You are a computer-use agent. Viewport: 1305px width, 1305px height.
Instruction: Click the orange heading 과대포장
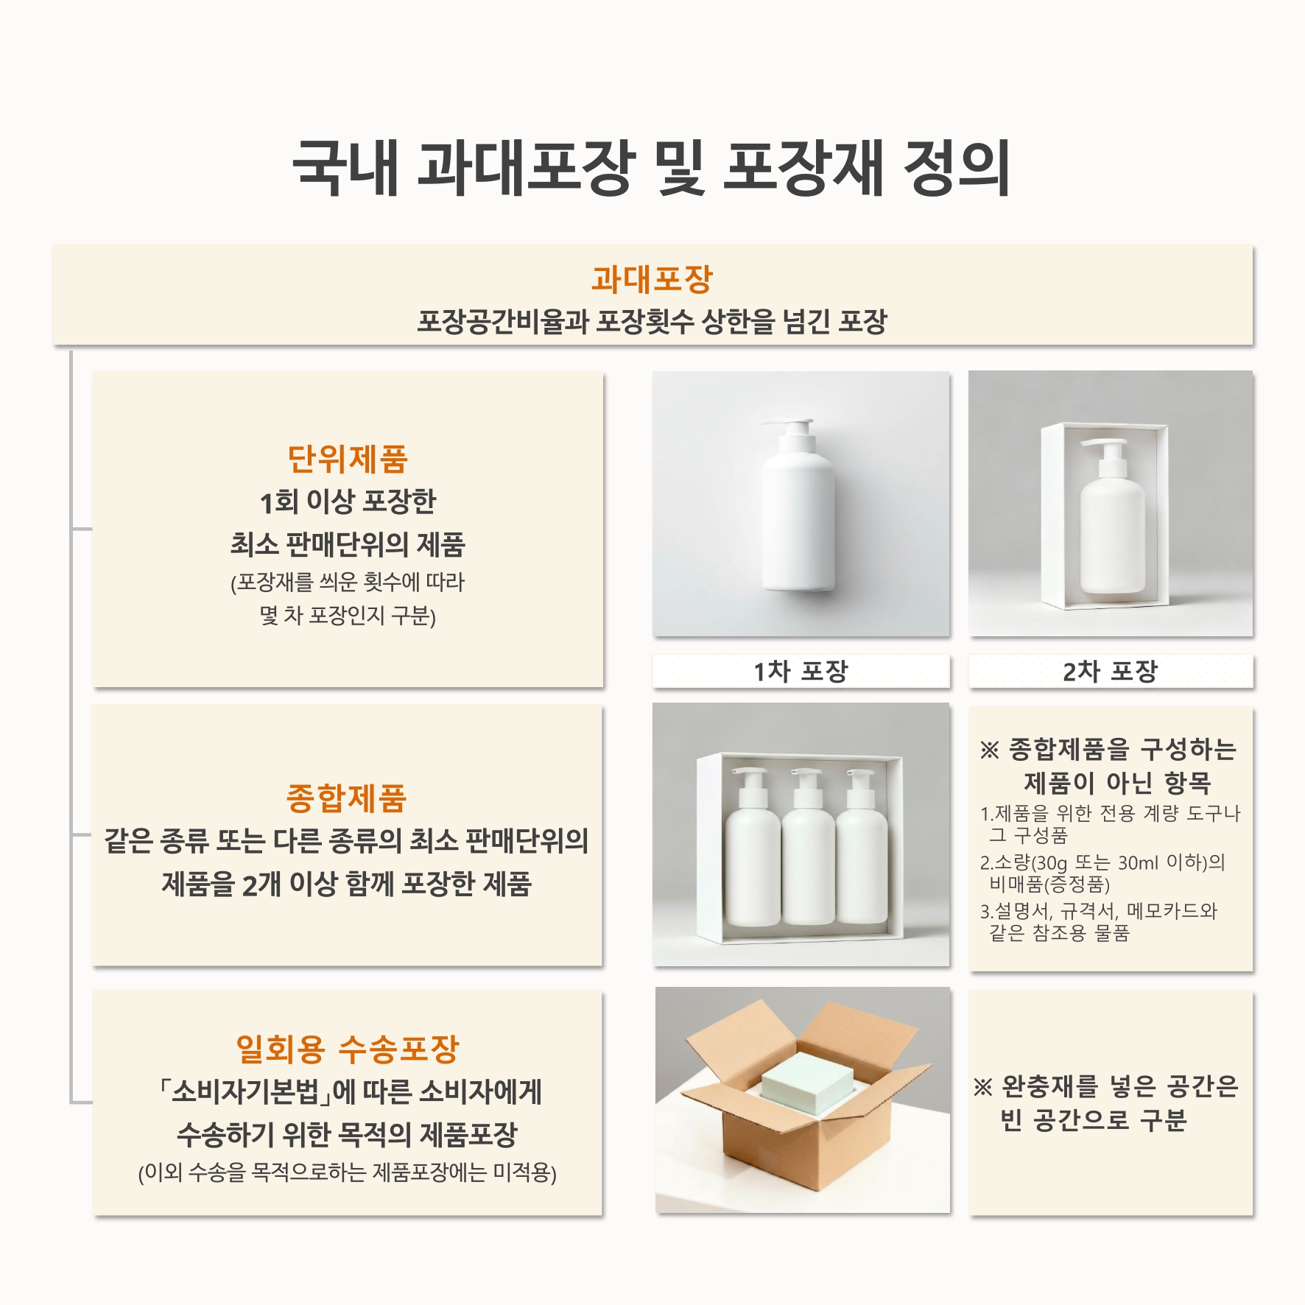(x=652, y=278)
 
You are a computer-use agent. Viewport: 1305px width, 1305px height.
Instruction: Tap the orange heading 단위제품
(x=348, y=459)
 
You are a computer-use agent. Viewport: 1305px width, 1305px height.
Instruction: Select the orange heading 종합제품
(x=346, y=798)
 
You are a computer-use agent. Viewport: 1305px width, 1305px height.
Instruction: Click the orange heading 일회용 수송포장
(x=347, y=1049)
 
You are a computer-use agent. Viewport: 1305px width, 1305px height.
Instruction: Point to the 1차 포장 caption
(x=801, y=671)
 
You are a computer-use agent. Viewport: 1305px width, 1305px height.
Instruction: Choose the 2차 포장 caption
(x=1110, y=671)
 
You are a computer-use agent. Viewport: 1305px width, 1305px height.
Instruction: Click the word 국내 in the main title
(x=345, y=168)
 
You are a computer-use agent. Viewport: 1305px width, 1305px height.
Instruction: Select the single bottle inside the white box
(x=1112, y=516)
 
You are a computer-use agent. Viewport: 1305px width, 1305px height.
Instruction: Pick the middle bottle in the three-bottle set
(x=809, y=847)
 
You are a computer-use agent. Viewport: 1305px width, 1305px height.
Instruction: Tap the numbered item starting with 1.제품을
(x=1110, y=824)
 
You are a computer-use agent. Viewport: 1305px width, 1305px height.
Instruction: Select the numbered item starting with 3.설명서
(x=1098, y=922)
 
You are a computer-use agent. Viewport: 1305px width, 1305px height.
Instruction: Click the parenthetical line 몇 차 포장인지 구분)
(x=348, y=615)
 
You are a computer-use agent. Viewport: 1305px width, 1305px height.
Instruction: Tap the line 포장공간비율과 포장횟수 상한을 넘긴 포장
(x=652, y=321)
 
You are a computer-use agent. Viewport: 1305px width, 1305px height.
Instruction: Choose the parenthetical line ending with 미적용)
(x=347, y=1172)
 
